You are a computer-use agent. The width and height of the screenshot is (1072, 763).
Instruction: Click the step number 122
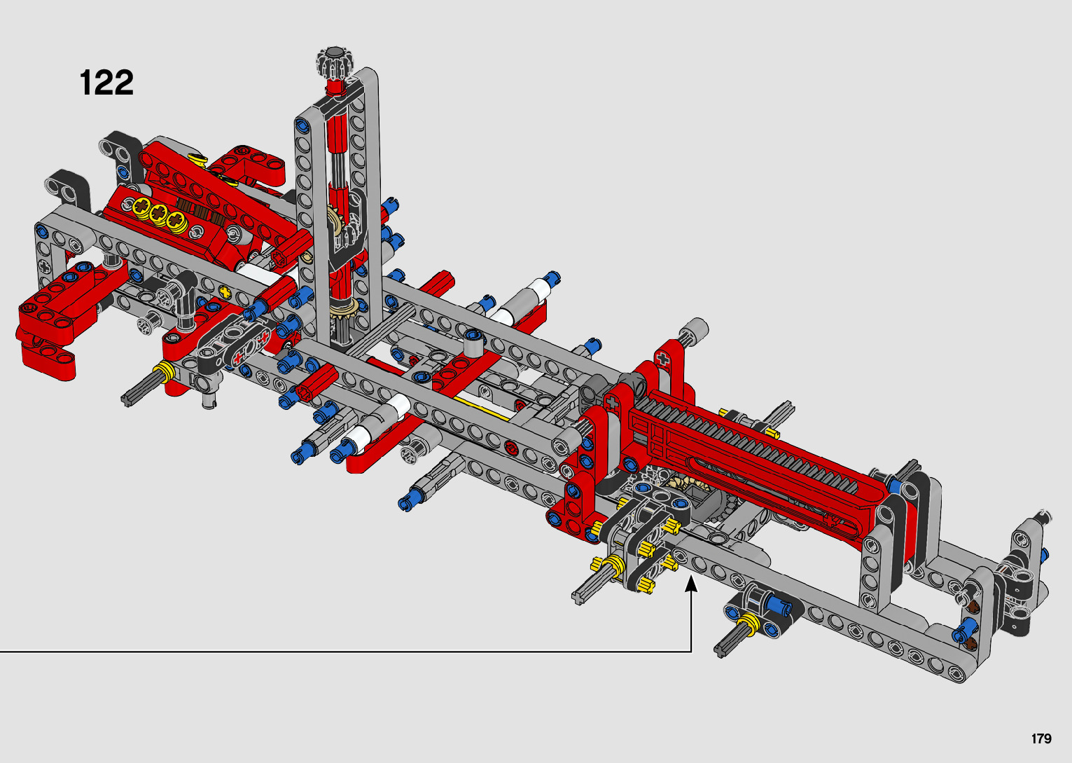pyautogui.click(x=106, y=83)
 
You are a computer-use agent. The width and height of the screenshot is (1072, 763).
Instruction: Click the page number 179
pyautogui.click(x=1041, y=738)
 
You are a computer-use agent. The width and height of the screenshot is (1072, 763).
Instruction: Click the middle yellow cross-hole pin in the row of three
pyautogui.click(x=158, y=212)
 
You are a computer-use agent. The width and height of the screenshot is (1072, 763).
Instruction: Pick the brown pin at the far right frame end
pyautogui.click(x=973, y=607)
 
